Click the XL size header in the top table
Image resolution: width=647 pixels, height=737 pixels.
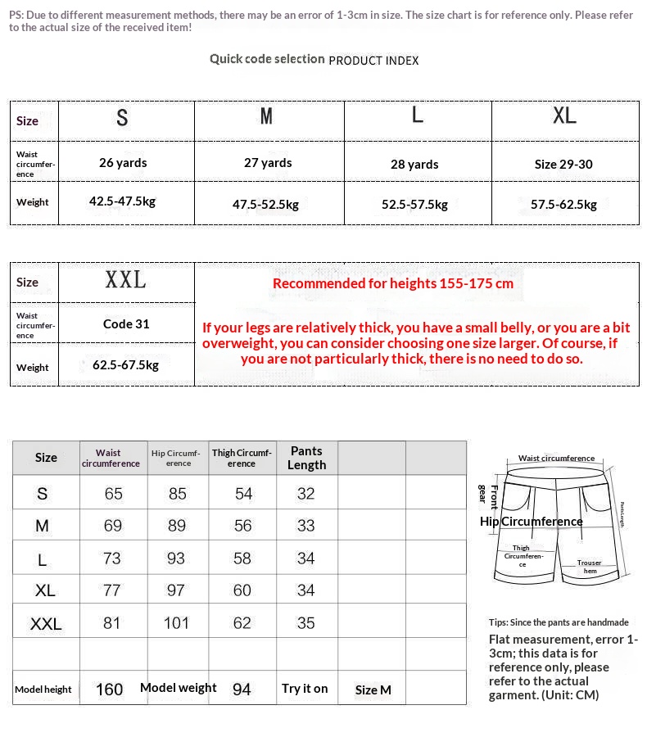click(x=564, y=116)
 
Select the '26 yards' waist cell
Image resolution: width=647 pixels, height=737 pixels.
click(x=123, y=163)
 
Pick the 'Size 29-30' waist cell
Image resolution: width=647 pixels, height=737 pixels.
click(x=563, y=164)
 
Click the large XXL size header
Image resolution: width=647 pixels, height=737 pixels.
click(x=125, y=281)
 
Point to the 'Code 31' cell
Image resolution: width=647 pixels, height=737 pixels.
click(x=126, y=323)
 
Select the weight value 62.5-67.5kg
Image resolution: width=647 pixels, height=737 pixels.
click(x=125, y=365)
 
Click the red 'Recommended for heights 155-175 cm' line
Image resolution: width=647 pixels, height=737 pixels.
click(x=393, y=283)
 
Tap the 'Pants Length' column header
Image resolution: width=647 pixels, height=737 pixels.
click(x=306, y=458)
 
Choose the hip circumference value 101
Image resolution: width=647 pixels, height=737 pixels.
click(x=176, y=623)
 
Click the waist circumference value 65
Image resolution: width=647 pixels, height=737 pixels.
click(x=113, y=494)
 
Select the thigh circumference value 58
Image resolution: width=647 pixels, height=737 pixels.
click(x=242, y=558)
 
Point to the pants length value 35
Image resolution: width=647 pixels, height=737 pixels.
click(x=305, y=623)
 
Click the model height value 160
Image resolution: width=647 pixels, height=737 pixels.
click(x=110, y=690)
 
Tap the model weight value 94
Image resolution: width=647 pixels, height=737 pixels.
click(x=242, y=690)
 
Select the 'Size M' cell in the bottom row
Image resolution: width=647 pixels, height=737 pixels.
click(x=373, y=690)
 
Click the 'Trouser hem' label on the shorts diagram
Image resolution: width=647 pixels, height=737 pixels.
click(x=590, y=567)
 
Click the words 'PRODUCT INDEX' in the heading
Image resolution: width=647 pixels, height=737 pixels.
click(x=373, y=61)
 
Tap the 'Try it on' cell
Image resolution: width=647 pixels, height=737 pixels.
click(x=305, y=689)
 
